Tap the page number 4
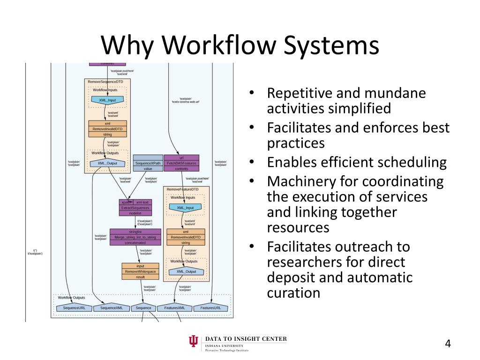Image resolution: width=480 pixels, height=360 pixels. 448,344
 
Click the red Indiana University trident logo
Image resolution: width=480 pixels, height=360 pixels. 193,343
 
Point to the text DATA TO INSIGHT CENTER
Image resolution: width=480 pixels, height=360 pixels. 246,339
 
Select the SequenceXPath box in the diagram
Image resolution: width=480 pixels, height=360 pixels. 148,163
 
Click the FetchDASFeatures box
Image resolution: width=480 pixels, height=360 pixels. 181,163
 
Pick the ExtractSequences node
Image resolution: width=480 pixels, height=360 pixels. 135,208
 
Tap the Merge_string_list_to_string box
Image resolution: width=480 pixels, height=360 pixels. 135,237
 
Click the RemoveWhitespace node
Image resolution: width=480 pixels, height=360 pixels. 140,271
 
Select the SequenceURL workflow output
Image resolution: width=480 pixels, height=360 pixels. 71,308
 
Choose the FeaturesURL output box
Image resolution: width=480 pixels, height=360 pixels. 214,308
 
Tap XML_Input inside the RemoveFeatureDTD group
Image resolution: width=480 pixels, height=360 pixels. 185,208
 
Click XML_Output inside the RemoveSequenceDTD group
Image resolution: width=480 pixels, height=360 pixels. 107,163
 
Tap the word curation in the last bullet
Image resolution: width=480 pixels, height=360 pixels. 293,293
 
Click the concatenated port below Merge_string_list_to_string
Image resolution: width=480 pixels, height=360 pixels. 135,243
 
